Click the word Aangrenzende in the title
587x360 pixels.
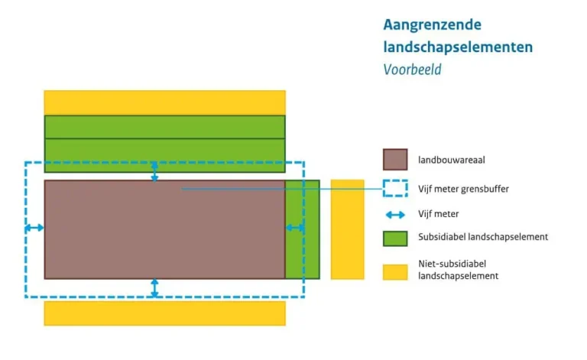[433, 24]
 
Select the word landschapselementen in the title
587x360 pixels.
[458, 47]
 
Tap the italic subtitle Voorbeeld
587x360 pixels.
[412, 70]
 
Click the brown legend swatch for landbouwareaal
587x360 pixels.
[395, 160]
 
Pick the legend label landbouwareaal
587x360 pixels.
[452, 161]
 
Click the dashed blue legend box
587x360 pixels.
[395, 188]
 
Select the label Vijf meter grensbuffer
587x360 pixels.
[463, 188]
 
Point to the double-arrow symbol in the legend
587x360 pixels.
[395, 215]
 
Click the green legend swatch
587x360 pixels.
[395, 238]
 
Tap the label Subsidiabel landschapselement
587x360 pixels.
[483, 238]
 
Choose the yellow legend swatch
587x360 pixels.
[395, 271]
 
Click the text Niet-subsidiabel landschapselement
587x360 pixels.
[459, 270]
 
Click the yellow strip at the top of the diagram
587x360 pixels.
[164, 102]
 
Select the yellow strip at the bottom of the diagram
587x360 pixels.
[164, 313]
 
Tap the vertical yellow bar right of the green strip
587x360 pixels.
[347, 229]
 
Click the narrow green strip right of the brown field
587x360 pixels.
[303, 229]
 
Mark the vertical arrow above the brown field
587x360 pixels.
[154, 171]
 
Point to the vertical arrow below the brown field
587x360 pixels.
[154, 287]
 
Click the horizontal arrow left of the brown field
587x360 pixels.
[34, 228]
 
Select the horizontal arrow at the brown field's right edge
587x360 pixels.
[295, 228]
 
